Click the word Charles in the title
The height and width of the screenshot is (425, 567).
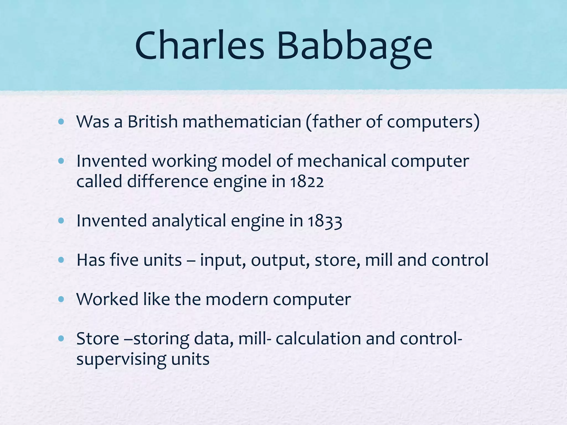pos(200,45)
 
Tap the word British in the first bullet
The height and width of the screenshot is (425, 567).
pos(153,121)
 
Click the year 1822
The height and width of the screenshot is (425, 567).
pos(307,182)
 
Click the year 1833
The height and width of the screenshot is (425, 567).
pos(325,221)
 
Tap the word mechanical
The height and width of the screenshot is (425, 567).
pos(342,161)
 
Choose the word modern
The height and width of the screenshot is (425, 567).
pos(237,299)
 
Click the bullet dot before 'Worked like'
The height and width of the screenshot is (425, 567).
pos(61,299)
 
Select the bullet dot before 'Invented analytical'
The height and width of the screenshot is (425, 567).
pos(61,221)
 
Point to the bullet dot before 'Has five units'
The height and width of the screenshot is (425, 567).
pos(61,260)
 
